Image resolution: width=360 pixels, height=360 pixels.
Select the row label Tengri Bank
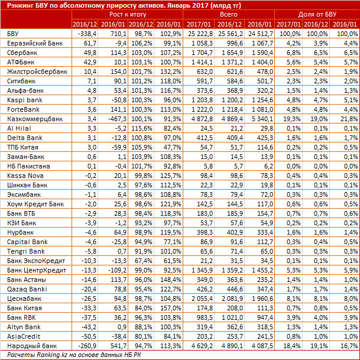[21, 251]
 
